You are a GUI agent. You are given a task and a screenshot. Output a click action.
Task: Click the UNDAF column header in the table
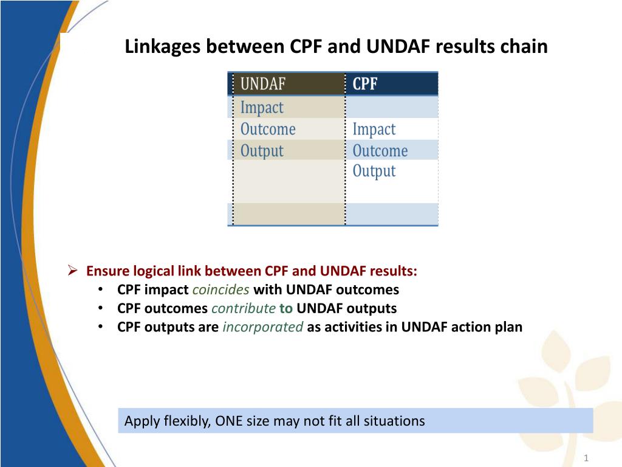point(262,84)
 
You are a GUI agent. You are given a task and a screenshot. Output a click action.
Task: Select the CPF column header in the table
point(365,84)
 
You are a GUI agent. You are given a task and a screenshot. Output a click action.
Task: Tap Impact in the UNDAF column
point(262,108)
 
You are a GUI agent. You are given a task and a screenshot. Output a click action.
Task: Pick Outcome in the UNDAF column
point(268,129)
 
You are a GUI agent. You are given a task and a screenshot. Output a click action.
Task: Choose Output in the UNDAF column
point(262,151)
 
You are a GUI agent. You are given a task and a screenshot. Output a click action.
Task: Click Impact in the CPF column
point(374,130)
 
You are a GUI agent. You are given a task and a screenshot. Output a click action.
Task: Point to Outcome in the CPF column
point(380,151)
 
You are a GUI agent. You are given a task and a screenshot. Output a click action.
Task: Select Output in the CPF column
point(374,171)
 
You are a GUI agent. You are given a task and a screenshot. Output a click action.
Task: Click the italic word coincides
point(221,289)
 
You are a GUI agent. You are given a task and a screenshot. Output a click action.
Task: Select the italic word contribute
point(244,308)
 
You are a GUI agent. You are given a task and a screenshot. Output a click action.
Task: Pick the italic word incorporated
point(263,327)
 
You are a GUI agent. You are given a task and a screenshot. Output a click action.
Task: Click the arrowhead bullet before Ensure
point(72,271)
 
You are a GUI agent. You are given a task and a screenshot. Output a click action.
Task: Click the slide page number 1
point(586,458)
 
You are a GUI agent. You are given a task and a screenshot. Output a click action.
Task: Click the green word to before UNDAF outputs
point(286,308)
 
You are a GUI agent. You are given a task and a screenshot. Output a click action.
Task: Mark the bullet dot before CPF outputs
point(101,327)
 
